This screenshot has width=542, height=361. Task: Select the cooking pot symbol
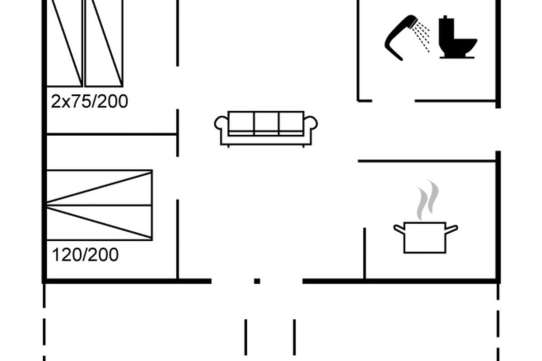[426, 238]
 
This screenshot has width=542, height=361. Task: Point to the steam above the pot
[428, 201]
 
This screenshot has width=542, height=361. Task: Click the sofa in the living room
[266, 128]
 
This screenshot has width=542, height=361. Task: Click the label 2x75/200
[89, 101]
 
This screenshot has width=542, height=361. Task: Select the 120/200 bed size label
[85, 255]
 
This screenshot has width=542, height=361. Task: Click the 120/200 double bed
[99, 205]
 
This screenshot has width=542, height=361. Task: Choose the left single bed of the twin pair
[64, 43]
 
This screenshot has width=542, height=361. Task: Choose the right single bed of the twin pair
[104, 43]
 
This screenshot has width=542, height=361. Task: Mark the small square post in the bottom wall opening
[257, 281]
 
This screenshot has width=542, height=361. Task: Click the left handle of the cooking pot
[399, 229]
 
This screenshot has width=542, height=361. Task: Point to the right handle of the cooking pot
[452, 229]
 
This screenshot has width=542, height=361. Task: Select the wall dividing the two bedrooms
[111, 134]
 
